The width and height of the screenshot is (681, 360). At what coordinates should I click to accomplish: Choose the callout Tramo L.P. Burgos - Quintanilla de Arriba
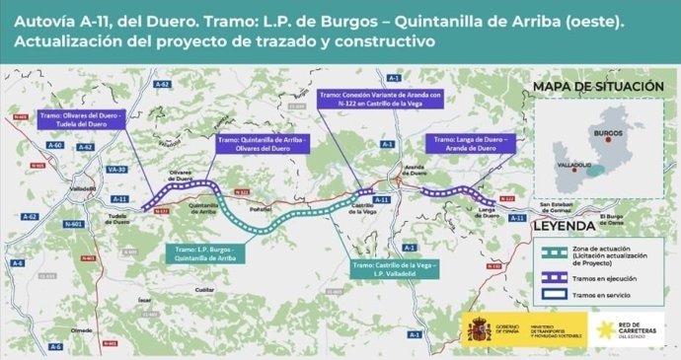[206, 254]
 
